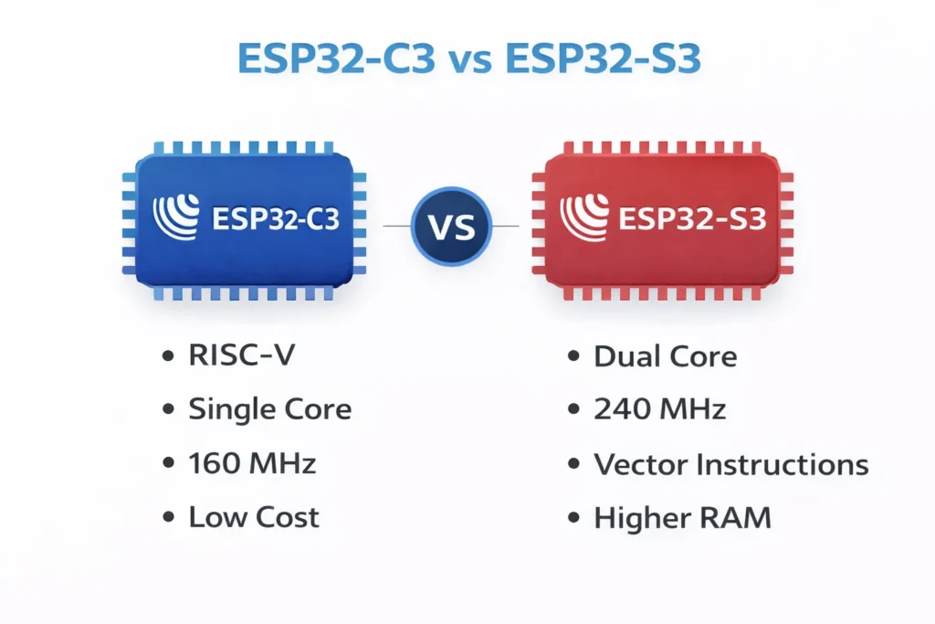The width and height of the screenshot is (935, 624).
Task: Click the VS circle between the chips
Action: [451, 225]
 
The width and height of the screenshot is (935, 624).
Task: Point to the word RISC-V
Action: [242, 354]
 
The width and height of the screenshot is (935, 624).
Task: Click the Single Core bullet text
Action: [269, 408]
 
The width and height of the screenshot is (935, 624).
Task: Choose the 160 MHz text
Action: [252, 463]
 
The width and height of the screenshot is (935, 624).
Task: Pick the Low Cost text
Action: [254, 518]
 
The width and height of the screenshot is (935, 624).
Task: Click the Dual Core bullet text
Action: [665, 354]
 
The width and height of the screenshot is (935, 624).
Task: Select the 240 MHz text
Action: [659, 408]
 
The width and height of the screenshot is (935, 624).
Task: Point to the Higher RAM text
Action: [682, 518]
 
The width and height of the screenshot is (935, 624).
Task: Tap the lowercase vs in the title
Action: [473, 60]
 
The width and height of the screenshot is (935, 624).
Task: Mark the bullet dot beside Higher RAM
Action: [573, 519]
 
